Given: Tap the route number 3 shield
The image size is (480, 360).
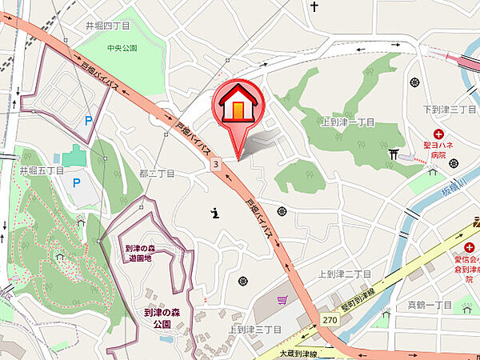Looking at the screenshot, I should (216, 164).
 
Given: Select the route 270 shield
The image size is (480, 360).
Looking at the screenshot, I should (330, 319).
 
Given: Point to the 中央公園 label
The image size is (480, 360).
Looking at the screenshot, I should (122, 48).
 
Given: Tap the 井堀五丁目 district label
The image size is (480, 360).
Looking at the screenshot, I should (42, 170).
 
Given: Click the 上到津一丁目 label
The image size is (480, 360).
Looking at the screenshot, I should (348, 122).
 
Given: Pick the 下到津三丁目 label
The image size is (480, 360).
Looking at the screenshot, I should (450, 109).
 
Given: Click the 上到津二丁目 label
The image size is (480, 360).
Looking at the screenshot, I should (345, 274).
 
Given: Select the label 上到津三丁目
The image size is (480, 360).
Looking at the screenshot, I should (254, 329).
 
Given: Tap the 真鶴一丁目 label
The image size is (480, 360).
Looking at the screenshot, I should (430, 305).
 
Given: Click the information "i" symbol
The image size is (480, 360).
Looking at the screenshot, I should (215, 213).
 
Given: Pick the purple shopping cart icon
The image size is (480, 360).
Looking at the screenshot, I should (282, 300).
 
